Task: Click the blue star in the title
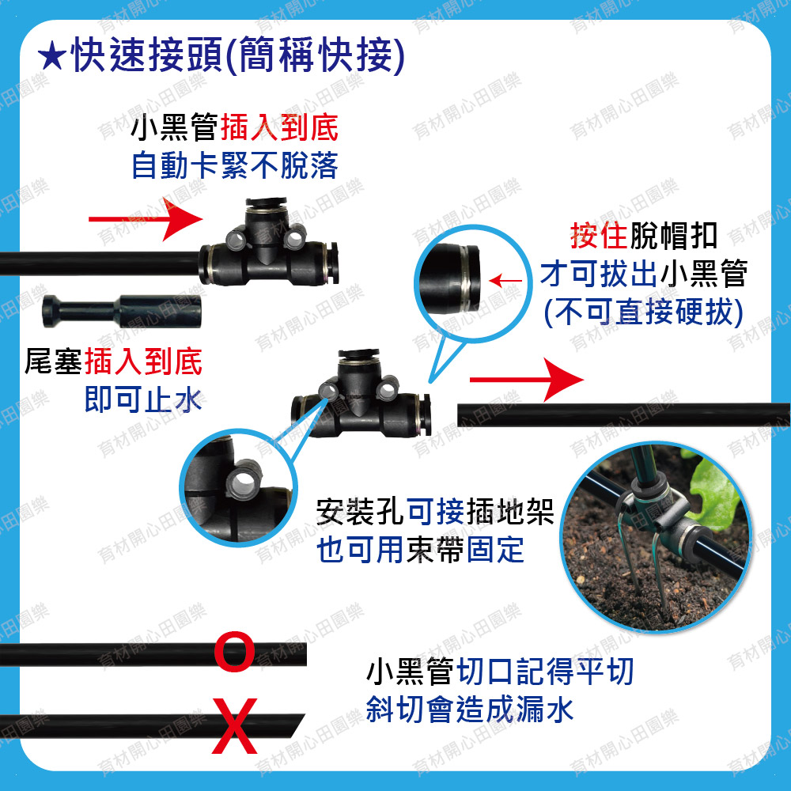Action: pos(52,56)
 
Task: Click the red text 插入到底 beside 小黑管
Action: pos(279,127)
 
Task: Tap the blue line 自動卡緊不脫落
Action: pos(235,165)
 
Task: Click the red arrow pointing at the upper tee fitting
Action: pos(146,219)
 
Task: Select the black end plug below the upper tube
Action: pos(122,311)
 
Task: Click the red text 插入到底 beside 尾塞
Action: pos(143,361)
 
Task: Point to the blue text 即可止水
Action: pos(143,399)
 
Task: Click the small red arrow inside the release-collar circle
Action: pos(505,281)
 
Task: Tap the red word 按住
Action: pos(600,236)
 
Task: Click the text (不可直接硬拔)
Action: pos(644,312)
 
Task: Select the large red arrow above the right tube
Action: pos(526,380)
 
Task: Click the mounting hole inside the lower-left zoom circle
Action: pos(244,483)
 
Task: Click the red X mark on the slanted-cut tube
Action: pos(235,726)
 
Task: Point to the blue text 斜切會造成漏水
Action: pos(470,710)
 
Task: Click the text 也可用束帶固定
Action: pos(420,550)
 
